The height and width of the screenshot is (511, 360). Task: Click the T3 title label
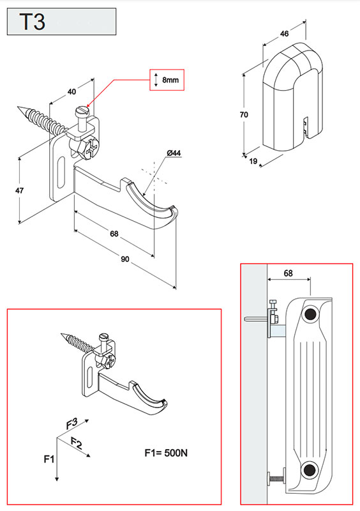tap(33, 22)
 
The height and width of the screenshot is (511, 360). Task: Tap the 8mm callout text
tap(170, 80)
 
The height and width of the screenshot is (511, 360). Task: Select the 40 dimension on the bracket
tap(71, 91)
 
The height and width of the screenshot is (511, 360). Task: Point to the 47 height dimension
tap(19, 190)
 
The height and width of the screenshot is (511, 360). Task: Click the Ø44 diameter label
tap(174, 153)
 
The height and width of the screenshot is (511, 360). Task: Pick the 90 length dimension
tap(124, 259)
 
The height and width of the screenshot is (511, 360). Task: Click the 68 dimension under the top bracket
tap(114, 234)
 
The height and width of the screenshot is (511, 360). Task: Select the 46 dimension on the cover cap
tap(284, 34)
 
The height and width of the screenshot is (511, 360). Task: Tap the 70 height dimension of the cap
tap(244, 114)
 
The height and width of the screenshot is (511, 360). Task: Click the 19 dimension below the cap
tap(253, 161)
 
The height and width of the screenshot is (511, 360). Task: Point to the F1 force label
tap(49, 459)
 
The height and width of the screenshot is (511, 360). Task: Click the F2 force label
tap(77, 443)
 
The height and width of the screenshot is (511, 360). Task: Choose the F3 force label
tap(71, 423)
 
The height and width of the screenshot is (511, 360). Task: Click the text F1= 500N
tap(166, 453)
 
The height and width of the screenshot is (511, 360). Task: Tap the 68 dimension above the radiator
tap(288, 273)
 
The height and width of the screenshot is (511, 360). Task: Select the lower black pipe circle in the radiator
tap(309, 469)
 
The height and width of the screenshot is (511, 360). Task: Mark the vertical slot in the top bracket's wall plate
tap(61, 172)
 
